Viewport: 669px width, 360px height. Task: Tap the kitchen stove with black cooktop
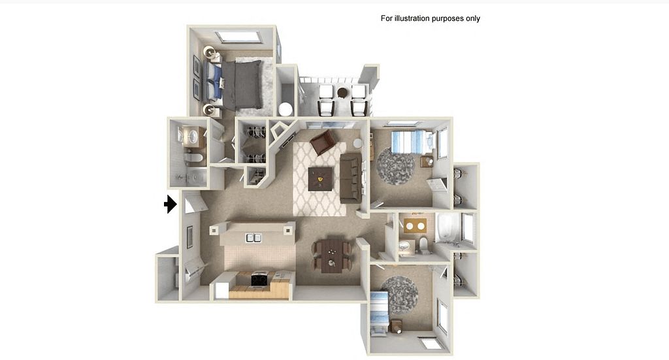[259, 280]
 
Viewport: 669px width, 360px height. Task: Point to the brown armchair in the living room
[323, 142]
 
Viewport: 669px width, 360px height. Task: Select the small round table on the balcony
[342, 93]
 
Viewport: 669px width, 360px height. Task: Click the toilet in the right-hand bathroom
[423, 245]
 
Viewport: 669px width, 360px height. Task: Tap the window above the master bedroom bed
[238, 37]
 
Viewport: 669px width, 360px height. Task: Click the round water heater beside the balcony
[285, 109]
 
